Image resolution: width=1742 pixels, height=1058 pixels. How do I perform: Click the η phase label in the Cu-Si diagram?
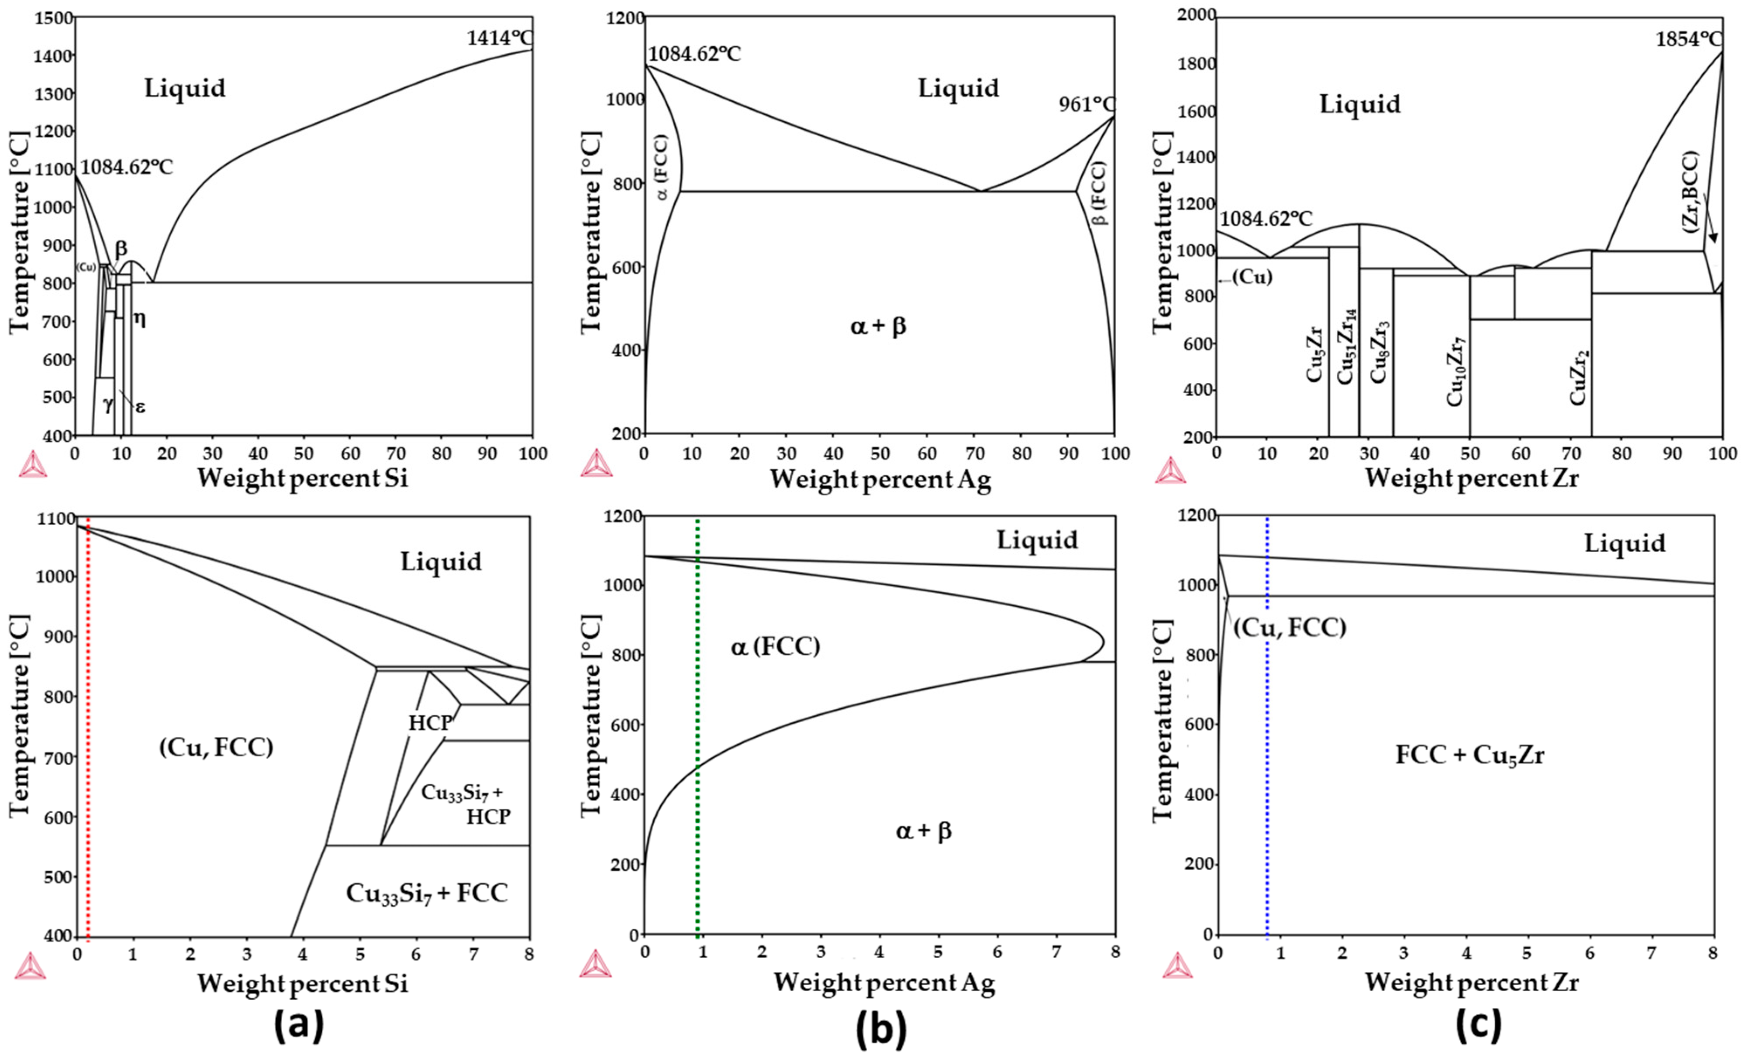click(x=140, y=319)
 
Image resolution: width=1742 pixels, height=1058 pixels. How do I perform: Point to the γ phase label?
click(x=107, y=404)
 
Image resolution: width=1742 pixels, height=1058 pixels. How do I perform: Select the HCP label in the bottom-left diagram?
click(x=430, y=722)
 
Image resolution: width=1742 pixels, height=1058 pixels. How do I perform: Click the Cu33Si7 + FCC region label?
click(x=427, y=893)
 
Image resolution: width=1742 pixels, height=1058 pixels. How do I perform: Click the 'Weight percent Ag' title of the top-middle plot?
click(x=880, y=479)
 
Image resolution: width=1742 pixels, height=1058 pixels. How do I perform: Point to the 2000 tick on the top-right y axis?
click(x=1196, y=16)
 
